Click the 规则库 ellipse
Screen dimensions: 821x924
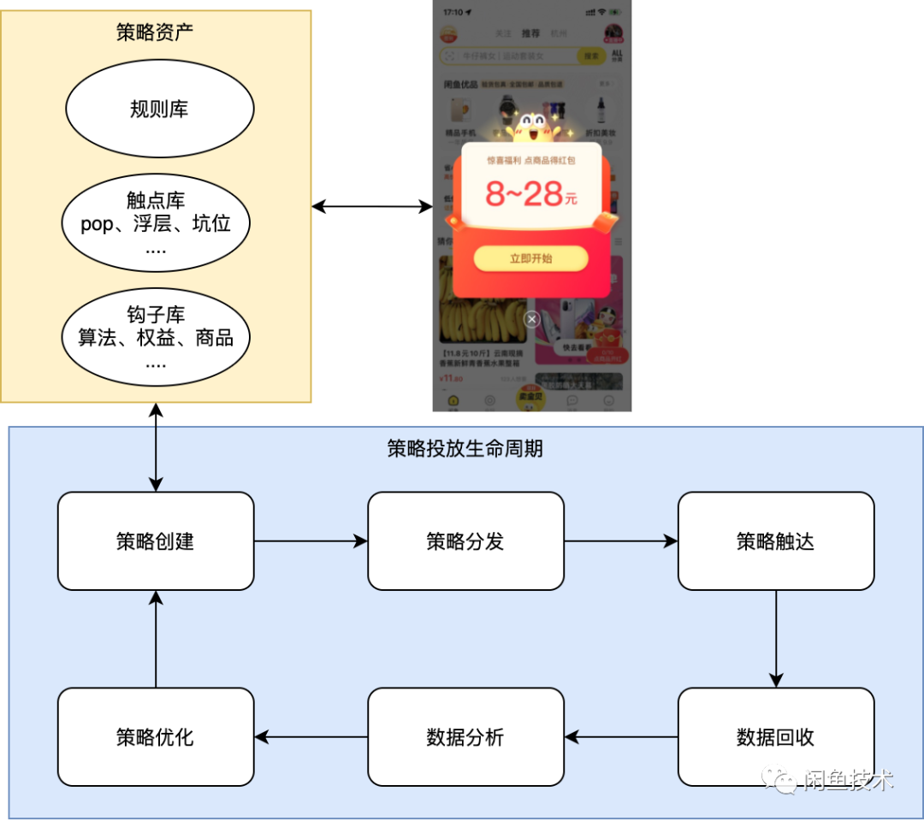160,109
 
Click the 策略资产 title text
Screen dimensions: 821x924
155,32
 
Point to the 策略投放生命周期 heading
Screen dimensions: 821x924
465,448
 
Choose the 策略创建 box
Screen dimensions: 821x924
156,541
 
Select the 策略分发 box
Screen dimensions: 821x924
465,541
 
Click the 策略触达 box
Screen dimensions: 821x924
776,541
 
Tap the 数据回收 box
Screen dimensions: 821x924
776,737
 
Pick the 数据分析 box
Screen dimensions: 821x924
465,737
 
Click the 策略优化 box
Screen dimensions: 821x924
156,737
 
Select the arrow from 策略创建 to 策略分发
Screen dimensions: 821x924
311,541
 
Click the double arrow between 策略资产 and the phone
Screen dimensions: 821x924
372,206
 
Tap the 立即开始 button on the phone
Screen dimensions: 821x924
531,258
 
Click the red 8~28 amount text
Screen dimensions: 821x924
530,195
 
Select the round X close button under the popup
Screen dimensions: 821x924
532,319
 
